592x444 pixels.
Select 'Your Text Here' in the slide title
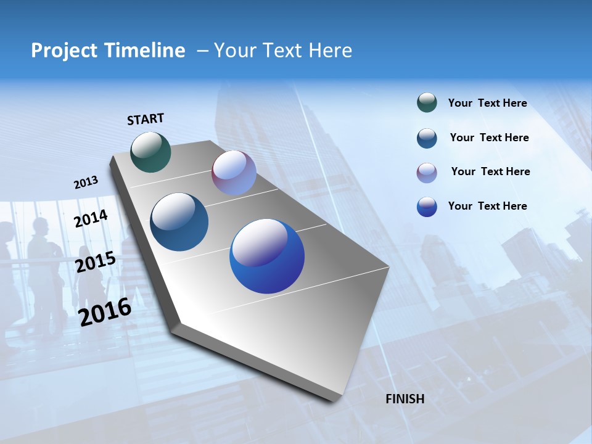(x=282, y=51)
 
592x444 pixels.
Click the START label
(x=146, y=119)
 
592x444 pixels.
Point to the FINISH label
(x=405, y=399)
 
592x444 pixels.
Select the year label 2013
(x=86, y=183)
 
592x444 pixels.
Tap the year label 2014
(x=91, y=218)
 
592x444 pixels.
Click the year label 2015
(x=96, y=262)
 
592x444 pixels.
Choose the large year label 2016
(x=105, y=311)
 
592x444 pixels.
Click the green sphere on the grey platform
(x=151, y=152)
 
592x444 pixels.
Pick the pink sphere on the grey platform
(x=234, y=173)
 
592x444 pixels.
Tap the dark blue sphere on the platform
(x=179, y=222)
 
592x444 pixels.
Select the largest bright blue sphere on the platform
(x=267, y=256)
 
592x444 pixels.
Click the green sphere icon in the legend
(x=427, y=103)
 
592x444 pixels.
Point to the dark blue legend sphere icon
(x=427, y=138)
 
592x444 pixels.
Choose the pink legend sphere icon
(x=427, y=173)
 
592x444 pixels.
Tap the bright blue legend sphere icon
(x=427, y=207)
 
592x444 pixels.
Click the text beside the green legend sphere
(x=487, y=104)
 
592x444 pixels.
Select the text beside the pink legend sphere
(x=490, y=171)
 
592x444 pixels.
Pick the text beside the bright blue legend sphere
(x=487, y=206)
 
